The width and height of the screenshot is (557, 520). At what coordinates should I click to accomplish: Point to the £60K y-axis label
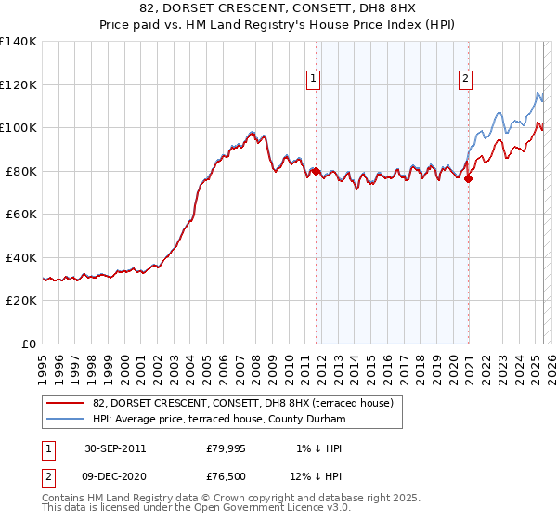tap(20, 214)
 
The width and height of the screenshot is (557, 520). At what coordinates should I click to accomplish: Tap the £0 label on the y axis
tap(29, 344)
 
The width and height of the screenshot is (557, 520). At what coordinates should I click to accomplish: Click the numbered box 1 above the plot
tap(315, 80)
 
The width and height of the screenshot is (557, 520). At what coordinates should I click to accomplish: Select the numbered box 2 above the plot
tap(464, 80)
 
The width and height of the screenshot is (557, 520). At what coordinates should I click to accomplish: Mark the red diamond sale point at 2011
tap(317, 171)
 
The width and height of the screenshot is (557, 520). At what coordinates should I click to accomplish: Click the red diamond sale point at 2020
tap(468, 178)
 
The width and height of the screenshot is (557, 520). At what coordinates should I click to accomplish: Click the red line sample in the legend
tap(66, 403)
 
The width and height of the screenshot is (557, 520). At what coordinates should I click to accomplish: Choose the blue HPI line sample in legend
tap(66, 419)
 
